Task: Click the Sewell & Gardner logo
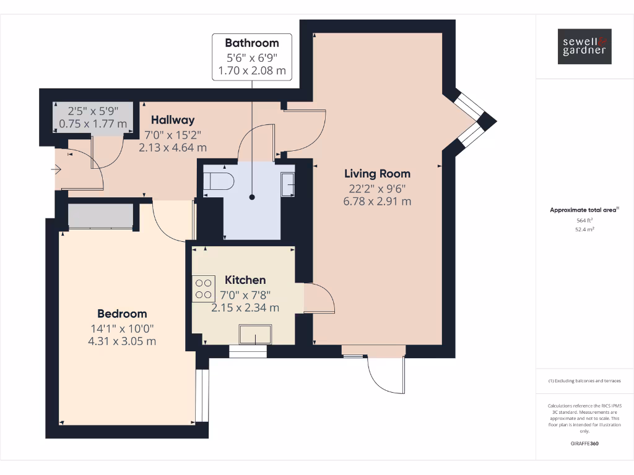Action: point(584,46)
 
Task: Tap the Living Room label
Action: point(377,174)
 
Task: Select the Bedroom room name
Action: point(122,314)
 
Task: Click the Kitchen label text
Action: point(245,280)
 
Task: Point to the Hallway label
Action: point(173,120)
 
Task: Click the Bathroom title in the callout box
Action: point(251,43)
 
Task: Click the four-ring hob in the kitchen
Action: point(203,288)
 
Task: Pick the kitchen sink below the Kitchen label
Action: point(256,335)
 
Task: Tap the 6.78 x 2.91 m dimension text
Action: point(377,201)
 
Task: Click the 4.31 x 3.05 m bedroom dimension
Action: point(122,341)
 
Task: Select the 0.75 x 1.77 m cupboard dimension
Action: point(93,124)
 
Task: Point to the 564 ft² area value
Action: point(584,220)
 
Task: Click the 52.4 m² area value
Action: point(584,229)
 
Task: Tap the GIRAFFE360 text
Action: point(584,443)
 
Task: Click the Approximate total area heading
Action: point(584,210)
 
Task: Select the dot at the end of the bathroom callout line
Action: point(252,197)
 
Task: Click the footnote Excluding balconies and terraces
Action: point(584,381)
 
